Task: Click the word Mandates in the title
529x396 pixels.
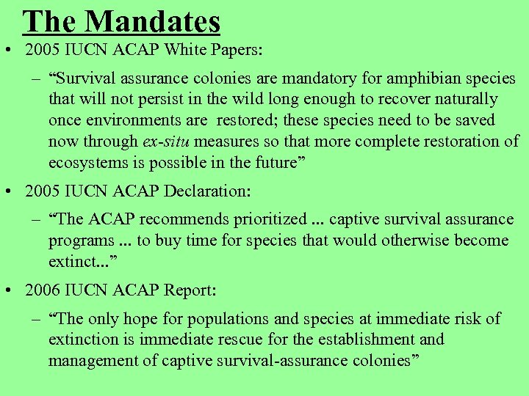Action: point(153,21)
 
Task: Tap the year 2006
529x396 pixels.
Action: point(41,291)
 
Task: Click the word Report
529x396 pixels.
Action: point(187,291)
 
